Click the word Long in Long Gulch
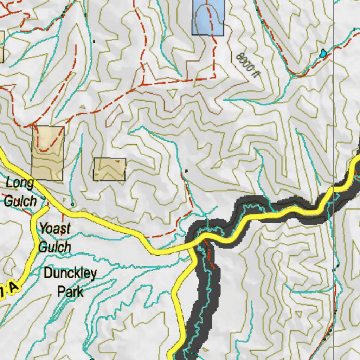[x=20, y=183]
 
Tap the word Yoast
[x=54, y=229]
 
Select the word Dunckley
[x=70, y=273]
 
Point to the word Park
[x=70, y=291]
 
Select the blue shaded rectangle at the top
[x=208, y=18]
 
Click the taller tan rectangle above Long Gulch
[x=48, y=153]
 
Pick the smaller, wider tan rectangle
[x=109, y=169]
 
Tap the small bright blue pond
[x=322, y=53]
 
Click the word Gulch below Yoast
[x=54, y=247]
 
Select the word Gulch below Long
[x=20, y=201]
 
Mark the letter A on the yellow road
[x=13, y=288]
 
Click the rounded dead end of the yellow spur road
[x=46, y=208]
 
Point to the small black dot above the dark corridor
[x=186, y=171]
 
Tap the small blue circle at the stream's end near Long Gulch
[x=72, y=204]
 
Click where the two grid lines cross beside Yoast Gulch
[x=84, y=250]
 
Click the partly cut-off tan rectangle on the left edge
[x=1, y=47]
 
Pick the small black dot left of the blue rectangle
[x=94, y=41]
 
